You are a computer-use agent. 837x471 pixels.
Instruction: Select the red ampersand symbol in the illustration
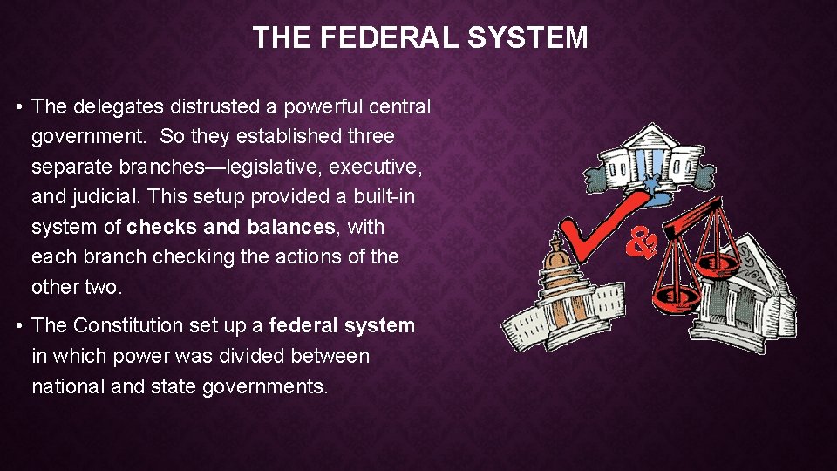point(643,242)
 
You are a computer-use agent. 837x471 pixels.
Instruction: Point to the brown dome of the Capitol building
point(556,258)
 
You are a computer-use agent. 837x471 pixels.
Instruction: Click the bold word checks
point(161,227)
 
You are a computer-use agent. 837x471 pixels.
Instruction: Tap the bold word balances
point(290,227)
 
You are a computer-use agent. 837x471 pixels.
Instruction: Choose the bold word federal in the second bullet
point(303,325)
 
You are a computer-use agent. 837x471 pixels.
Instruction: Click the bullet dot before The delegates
point(18,107)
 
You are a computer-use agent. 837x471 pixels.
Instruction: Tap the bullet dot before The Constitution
point(18,326)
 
